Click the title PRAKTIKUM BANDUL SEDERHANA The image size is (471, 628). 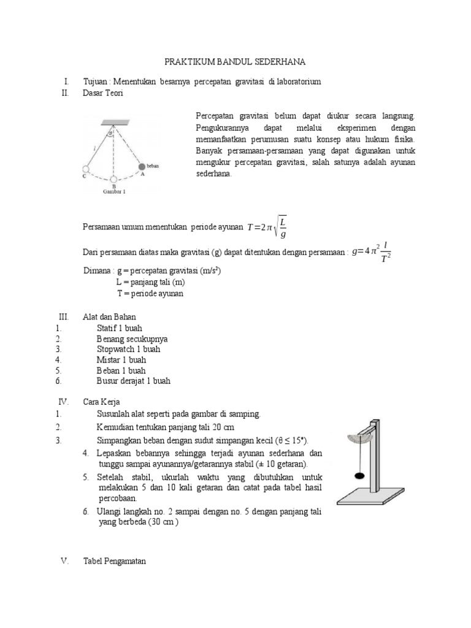(235, 63)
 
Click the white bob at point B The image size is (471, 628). (113, 180)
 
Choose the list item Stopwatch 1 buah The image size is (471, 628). (128, 349)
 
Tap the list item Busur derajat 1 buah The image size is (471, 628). (133, 381)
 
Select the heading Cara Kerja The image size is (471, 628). (101, 402)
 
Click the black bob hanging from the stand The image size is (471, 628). (358, 475)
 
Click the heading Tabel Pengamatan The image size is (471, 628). (115, 561)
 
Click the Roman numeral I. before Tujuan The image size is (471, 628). (65, 82)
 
